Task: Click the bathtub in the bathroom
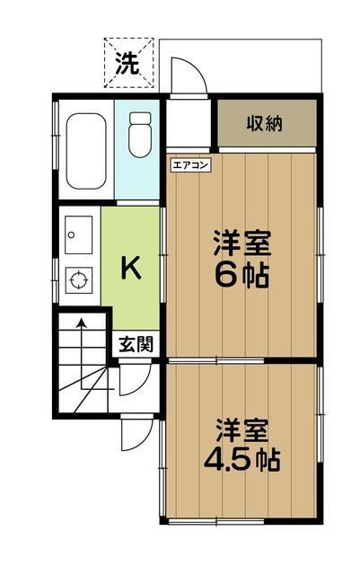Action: pyautogui.click(x=85, y=149)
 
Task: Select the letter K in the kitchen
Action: pyautogui.click(x=131, y=266)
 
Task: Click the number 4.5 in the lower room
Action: pyautogui.click(x=225, y=459)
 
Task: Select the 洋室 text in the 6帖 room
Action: pyautogui.click(x=241, y=243)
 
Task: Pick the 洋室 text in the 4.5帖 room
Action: pyautogui.click(x=241, y=429)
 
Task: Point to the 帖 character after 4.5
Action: pyautogui.click(x=267, y=460)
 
